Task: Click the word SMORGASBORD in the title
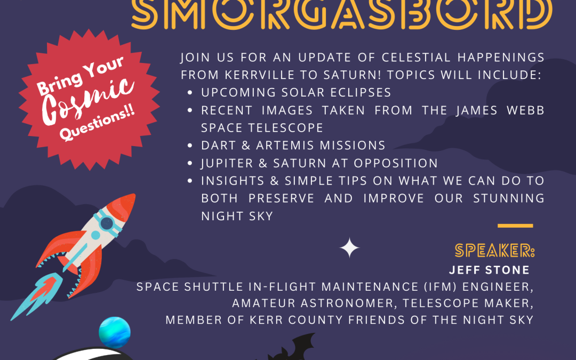[x=342, y=13]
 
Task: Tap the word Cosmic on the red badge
[x=88, y=100]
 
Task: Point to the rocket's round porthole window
[x=107, y=223]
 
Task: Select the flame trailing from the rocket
[x=36, y=295]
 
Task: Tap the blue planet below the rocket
[x=115, y=332]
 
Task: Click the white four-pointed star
[x=349, y=248]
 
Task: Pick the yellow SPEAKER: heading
[x=494, y=251]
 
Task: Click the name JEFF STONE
[x=489, y=270]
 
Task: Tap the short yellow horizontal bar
[x=515, y=226]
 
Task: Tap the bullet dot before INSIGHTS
[x=190, y=181]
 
